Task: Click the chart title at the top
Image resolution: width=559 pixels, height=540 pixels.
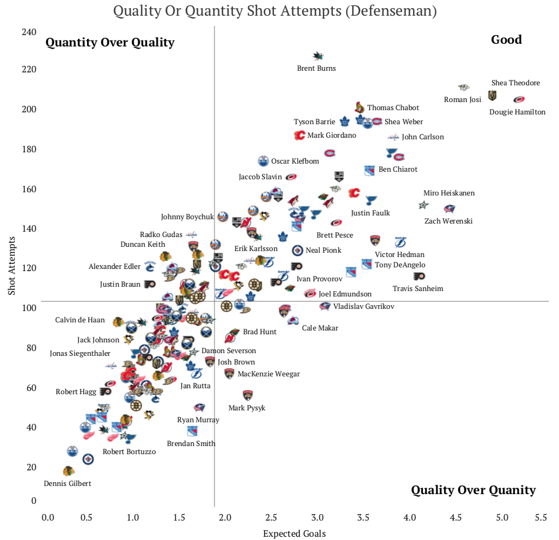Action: tap(275, 11)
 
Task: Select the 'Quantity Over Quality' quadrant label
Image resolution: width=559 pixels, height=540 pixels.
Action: tap(110, 43)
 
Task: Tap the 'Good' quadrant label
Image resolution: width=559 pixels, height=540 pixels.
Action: tap(506, 39)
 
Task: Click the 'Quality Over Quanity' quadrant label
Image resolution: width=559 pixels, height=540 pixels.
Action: tap(473, 490)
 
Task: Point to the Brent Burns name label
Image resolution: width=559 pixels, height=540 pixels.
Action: tap(316, 69)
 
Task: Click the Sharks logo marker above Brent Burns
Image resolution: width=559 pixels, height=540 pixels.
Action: tap(318, 56)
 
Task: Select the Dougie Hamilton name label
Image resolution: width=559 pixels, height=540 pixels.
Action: tap(517, 112)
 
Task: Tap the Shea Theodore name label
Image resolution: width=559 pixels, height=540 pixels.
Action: tap(515, 83)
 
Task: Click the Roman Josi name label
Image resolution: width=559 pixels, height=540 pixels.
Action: tap(462, 99)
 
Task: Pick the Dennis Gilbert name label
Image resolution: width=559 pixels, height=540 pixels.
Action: tap(68, 484)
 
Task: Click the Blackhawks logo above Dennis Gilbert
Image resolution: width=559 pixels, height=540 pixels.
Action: tap(68, 471)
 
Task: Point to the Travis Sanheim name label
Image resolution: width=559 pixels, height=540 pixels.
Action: tap(417, 289)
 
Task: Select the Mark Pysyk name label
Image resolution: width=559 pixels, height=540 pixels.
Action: tap(247, 408)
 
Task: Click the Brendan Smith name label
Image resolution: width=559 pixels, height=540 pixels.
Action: tap(191, 444)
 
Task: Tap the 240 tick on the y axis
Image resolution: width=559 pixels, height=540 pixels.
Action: tap(30, 32)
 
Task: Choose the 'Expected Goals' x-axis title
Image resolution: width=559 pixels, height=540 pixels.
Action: tap(294, 534)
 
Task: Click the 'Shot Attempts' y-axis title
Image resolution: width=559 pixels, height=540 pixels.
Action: tap(11, 268)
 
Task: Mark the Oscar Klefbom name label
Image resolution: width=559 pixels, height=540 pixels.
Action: tap(295, 161)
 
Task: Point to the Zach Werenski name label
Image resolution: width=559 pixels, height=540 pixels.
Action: tap(448, 221)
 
